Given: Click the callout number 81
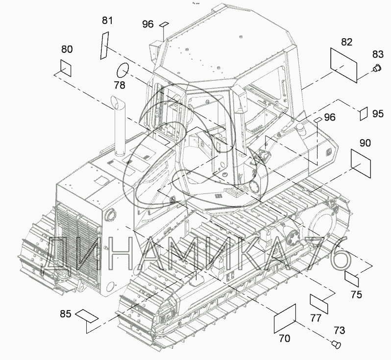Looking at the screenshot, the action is point(107,21).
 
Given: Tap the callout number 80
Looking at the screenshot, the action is point(67,49).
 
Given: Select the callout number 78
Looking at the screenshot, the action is point(120,85).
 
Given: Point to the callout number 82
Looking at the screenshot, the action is point(346,42).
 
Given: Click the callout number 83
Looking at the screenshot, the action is point(378,54).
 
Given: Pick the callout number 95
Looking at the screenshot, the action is point(378,114).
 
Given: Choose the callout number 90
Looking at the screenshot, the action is point(365,143).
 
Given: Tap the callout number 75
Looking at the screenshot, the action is point(356,295).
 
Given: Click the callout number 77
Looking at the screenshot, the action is point(316,318).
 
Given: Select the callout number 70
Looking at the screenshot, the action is point(285,338).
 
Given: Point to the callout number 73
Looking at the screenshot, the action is point(340,331).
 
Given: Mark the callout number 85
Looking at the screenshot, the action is point(66,313).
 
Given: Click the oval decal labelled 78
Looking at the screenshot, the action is point(122,70).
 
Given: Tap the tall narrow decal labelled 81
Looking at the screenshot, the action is point(104,46).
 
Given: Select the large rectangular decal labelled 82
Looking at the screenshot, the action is point(343,65).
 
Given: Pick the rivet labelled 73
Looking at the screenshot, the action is point(337,344).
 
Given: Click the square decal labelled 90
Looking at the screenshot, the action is point(361,164).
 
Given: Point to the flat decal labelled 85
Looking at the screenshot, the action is point(87,316).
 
